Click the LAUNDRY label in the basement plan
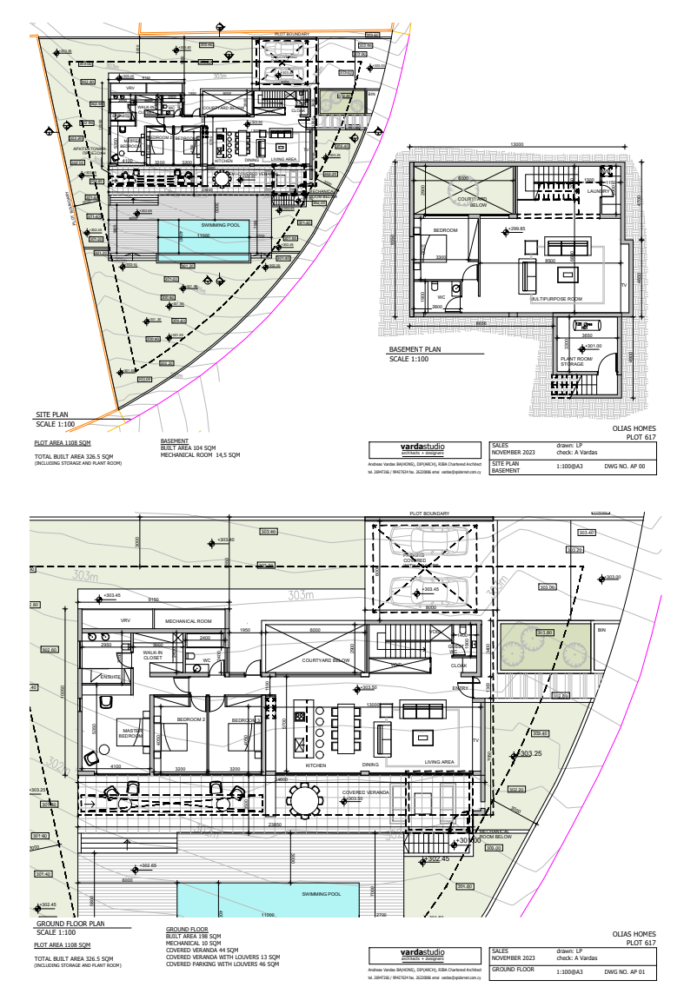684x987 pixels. [x=599, y=191]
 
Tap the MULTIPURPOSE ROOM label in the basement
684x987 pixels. [x=556, y=298]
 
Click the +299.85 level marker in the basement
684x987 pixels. [x=515, y=229]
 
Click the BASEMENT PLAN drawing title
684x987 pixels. [x=415, y=350]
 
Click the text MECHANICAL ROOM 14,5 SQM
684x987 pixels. [x=200, y=454]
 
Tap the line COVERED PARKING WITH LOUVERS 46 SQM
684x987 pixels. [x=222, y=964]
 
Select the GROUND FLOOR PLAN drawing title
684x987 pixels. [x=69, y=924]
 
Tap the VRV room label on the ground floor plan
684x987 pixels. [x=125, y=620]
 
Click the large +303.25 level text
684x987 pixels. [x=530, y=754]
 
